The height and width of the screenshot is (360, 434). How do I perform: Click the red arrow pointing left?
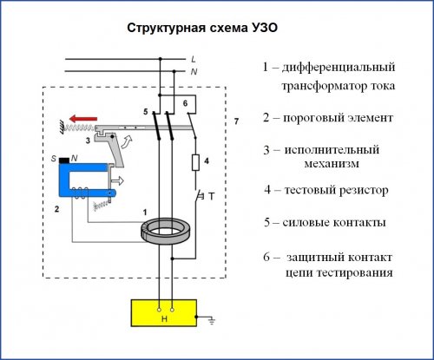[x=83, y=119]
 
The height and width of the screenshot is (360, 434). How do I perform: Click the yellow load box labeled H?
[x=164, y=313]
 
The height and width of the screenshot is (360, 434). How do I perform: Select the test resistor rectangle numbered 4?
[x=196, y=162]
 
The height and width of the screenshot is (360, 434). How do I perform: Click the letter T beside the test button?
[x=212, y=197]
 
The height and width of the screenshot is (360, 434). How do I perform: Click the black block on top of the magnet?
[x=64, y=160]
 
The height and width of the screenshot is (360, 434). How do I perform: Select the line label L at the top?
[x=194, y=59]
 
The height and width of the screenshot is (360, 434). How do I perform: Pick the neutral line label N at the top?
[x=194, y=71]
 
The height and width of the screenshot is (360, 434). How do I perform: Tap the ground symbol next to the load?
[x=212, y=320]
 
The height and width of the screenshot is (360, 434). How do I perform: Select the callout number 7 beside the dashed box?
[x=236, y=121]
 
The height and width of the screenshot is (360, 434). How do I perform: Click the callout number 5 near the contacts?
[x=146, y=112]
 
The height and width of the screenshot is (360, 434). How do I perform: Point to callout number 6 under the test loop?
[x=185, y=103]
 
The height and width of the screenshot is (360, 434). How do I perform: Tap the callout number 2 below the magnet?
[x=56, y=209]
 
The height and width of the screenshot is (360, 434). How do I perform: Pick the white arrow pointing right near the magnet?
[x=117, y=181]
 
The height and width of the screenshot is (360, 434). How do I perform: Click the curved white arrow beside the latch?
[x=127, y=141]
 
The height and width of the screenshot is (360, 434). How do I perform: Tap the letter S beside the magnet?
[x=54, y=159]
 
